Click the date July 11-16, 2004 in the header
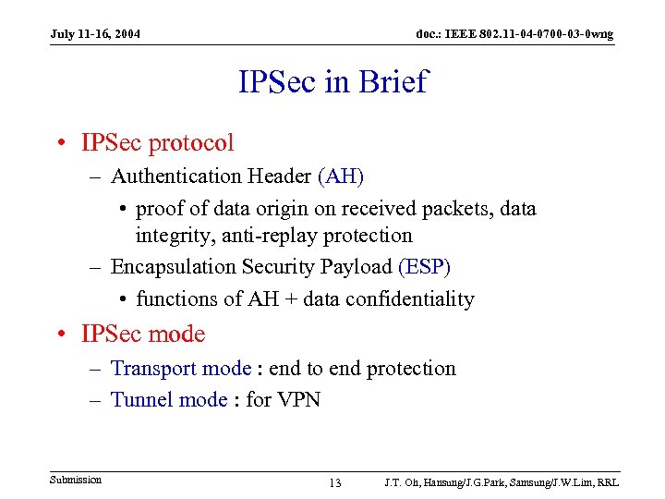(95, 34)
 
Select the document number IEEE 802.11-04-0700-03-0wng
(514, 34)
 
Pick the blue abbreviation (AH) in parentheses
(341, 176)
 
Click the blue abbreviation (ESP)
(425, 267)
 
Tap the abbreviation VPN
(296, 399)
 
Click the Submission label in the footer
(76, 480)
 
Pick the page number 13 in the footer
(334, 483)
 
